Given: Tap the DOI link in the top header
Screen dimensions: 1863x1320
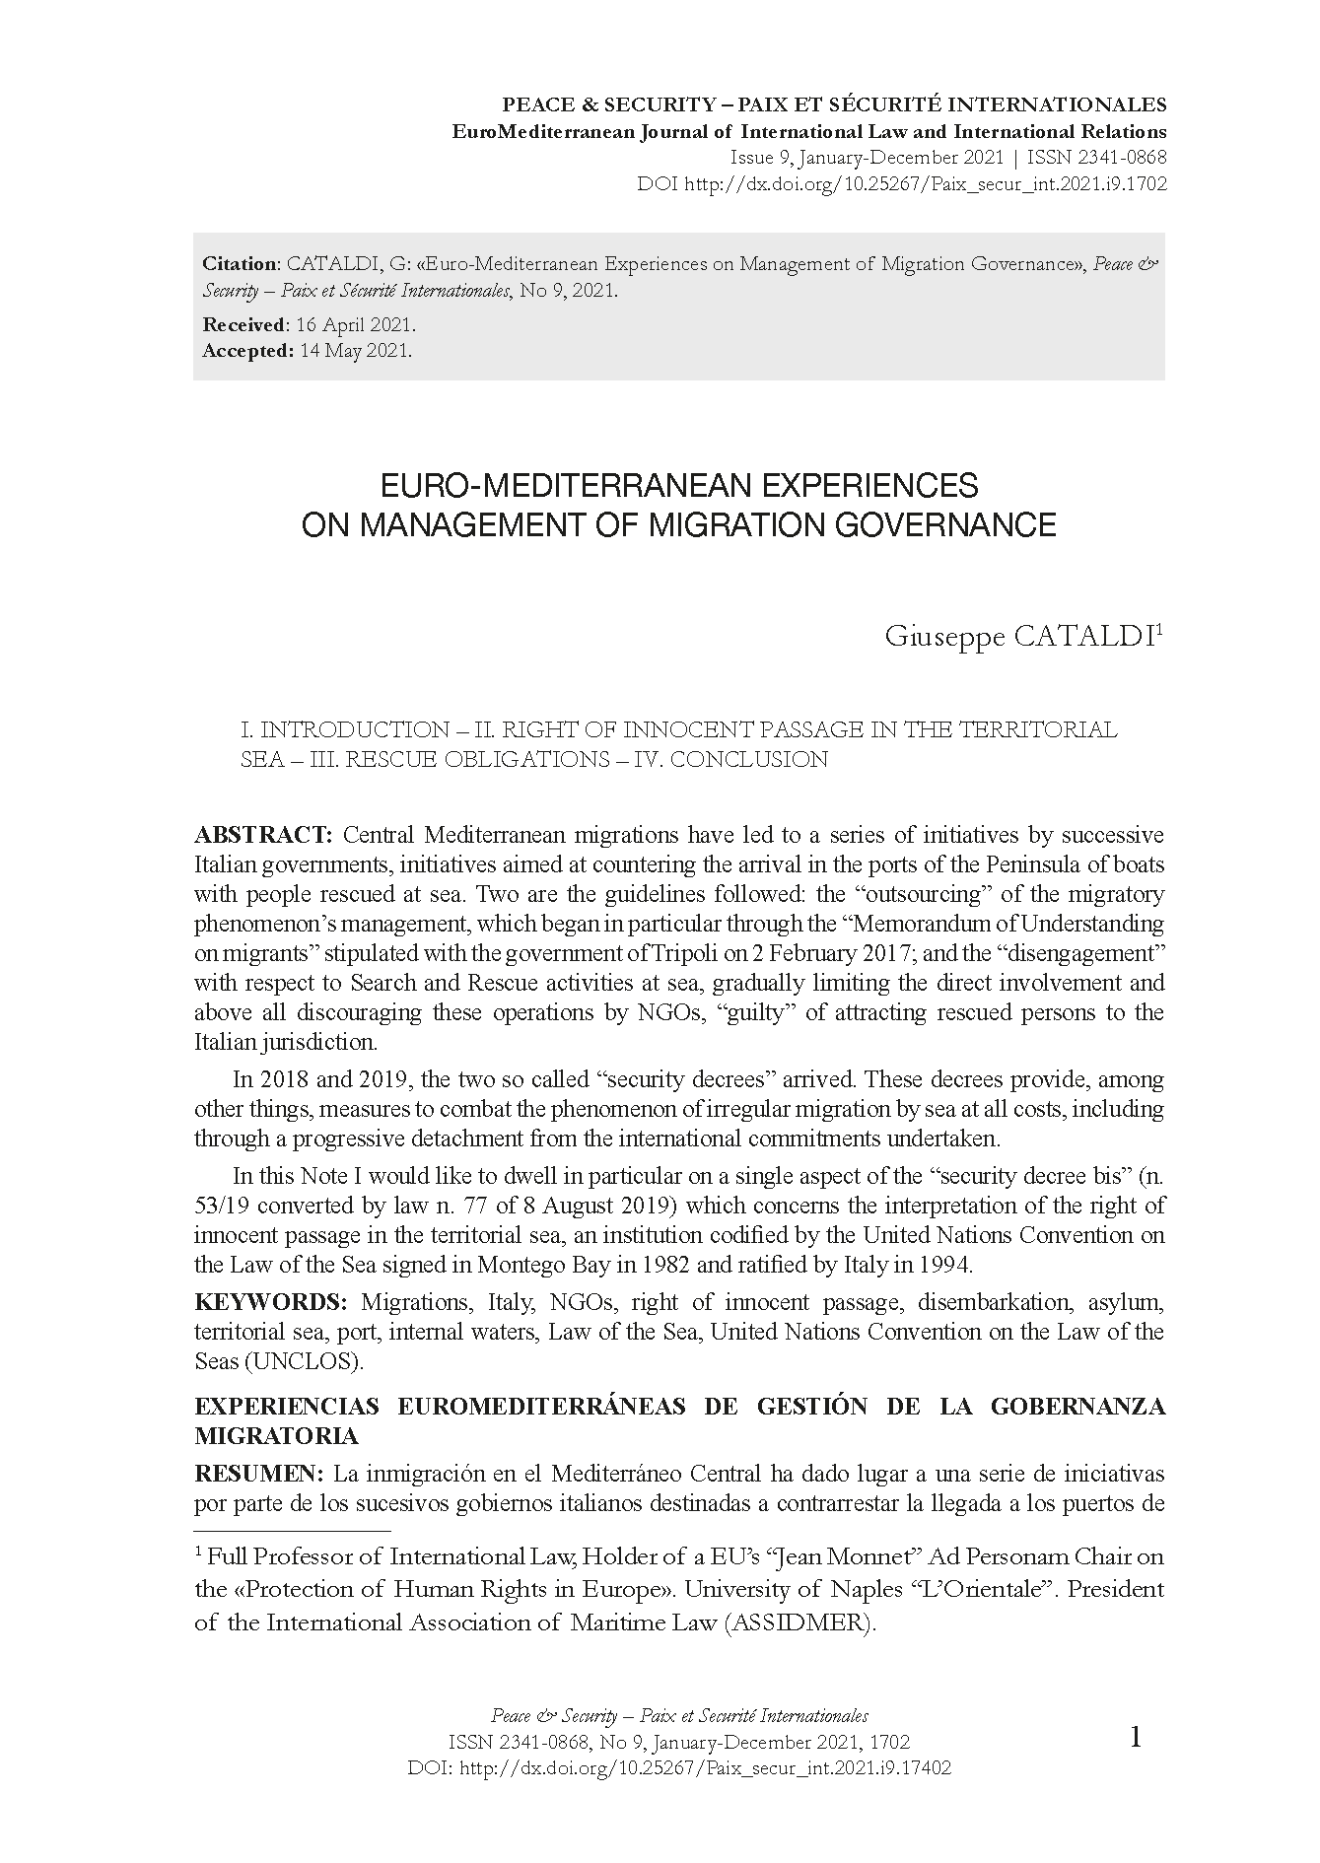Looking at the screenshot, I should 925,184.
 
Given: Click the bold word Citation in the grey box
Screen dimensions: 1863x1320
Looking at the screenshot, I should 241,263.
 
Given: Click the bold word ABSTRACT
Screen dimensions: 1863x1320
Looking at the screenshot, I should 263,836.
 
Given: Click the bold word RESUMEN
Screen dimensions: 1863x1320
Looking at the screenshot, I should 258,1475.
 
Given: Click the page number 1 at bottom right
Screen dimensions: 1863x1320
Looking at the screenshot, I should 1135,1738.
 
